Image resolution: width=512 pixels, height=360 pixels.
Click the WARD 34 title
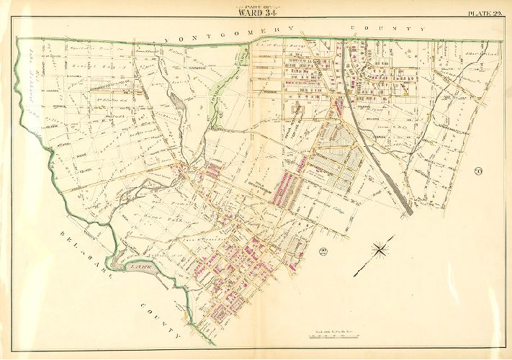pos(256,12)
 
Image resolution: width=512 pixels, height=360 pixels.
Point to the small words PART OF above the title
pos(256,5)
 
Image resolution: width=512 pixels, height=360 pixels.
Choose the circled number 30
pos(478,171)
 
